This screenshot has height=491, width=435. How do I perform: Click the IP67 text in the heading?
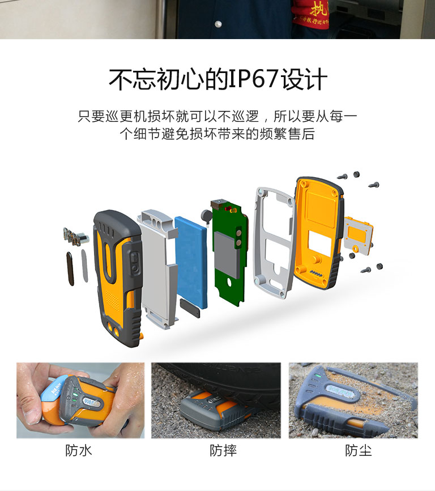254,79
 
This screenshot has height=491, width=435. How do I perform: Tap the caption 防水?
79,451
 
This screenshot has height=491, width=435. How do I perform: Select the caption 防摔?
223,451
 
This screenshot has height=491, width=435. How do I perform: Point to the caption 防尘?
359,451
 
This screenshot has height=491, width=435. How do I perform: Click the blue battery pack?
191,262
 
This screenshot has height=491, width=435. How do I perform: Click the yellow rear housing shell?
319,233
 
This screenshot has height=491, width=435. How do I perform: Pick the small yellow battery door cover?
358,234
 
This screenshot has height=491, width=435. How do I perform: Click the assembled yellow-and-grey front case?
118,279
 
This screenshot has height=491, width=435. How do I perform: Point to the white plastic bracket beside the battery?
158,270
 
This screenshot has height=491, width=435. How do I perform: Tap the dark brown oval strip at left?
70,268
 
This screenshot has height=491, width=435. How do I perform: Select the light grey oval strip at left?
84,266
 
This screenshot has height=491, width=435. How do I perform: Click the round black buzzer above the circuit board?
206,215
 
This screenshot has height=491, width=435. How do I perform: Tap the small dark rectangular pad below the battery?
190,308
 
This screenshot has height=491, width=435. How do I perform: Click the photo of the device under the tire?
216,400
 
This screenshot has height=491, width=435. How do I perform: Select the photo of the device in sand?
353,400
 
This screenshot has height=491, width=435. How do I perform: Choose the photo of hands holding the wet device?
80,400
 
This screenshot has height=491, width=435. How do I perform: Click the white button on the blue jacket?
218,24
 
